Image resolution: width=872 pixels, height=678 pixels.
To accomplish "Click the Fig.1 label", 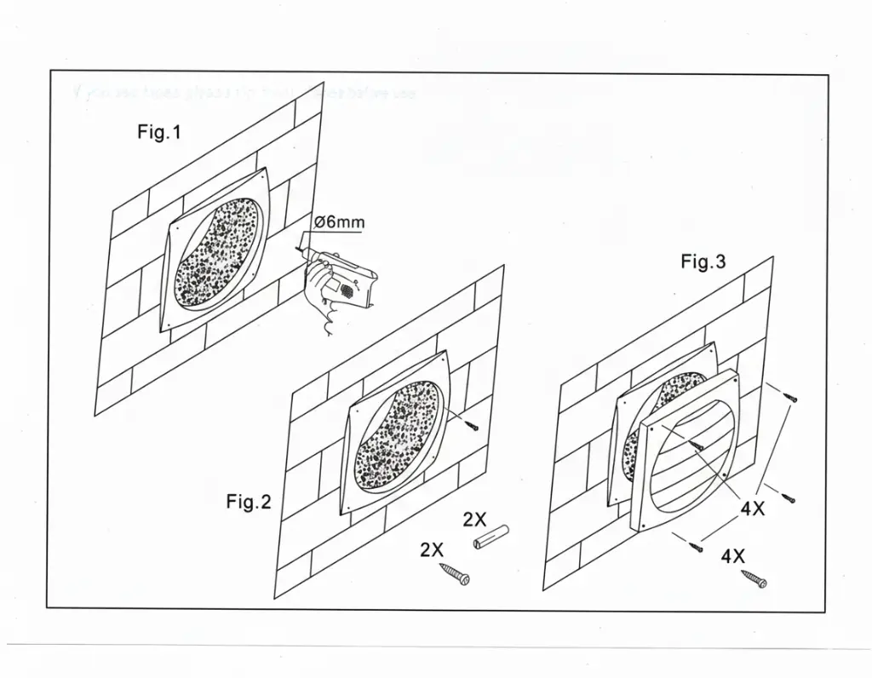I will (159, 132).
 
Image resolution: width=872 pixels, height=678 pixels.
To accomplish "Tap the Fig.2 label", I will (248, 503).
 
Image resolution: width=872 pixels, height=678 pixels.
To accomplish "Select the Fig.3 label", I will (703, 262).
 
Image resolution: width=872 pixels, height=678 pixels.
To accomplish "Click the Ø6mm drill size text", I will (339, 223).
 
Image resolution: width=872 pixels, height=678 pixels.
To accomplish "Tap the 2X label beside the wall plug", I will (474, 520).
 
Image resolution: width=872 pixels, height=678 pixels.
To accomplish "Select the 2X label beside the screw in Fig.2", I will (432, 550).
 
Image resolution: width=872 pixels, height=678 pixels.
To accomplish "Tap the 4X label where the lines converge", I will (753, 510).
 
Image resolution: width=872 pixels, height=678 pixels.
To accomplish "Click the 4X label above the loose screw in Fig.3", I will (733, 557).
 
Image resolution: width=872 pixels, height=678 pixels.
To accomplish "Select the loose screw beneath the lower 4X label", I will (754, 579).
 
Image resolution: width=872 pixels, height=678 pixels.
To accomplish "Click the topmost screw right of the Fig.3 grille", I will (792, 396).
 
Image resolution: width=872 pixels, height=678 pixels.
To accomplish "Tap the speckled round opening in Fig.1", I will (216, 253).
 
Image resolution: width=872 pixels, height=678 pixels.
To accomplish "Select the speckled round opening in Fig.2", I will (397, 436).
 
